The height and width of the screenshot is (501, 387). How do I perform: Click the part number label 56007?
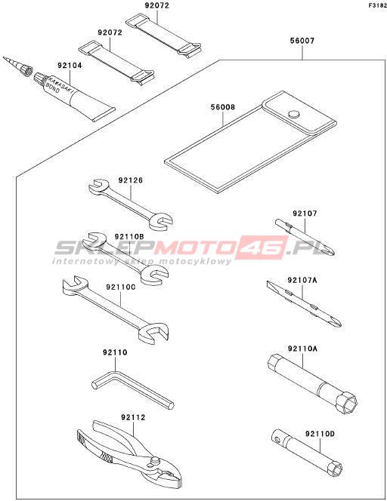(x=302, y=41)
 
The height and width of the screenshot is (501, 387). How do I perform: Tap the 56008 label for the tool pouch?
(x=223, y=107)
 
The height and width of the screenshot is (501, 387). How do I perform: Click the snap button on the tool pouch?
(x=293, y=114)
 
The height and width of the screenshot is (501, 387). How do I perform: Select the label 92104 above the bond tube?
(x=70, y=66)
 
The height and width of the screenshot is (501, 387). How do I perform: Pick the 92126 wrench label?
(x=131, y=180)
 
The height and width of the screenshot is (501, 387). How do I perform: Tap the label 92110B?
(x=129, y=237)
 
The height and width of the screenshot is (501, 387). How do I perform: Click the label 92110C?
(x=121, y=287)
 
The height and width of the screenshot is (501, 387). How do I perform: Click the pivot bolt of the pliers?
(x=155, y=460)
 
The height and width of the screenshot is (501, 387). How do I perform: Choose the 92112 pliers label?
(x=133, y=417)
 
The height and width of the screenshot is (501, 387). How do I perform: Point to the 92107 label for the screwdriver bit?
(x=305, y=214)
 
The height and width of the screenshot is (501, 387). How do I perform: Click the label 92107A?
(x=302, y=281)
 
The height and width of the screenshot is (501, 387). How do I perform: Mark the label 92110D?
(x=320, y=434)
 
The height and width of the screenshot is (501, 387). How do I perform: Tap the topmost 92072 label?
(x=157, y=6)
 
